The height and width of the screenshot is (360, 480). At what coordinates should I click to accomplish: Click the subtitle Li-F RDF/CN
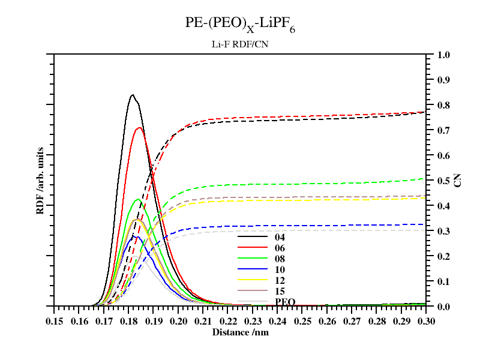pos(240,44)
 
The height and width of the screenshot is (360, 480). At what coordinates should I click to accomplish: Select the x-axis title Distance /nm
pos(240,332)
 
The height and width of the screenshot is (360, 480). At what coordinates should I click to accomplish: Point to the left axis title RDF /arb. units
pos(40,180)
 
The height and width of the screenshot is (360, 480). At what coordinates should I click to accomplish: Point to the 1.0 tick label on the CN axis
pos(443,55)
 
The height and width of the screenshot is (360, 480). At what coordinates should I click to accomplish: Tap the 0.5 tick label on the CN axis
pos(443,181)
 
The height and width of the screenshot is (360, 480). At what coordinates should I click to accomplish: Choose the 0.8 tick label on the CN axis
pos(443,105)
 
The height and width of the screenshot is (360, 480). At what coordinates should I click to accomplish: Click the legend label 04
pos(280,237)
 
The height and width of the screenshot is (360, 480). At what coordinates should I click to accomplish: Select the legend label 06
pos(280,248)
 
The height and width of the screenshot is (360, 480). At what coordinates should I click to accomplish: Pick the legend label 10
pos(280,269)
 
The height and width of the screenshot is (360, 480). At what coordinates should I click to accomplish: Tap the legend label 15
pos(280,291)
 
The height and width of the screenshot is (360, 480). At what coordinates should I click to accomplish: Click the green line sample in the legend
pos(252,259)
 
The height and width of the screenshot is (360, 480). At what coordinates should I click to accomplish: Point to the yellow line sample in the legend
pos(252,280)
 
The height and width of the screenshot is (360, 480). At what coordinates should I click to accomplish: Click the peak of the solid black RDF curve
pos(133,95)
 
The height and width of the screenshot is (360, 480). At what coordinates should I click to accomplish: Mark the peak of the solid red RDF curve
pos(139,127)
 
